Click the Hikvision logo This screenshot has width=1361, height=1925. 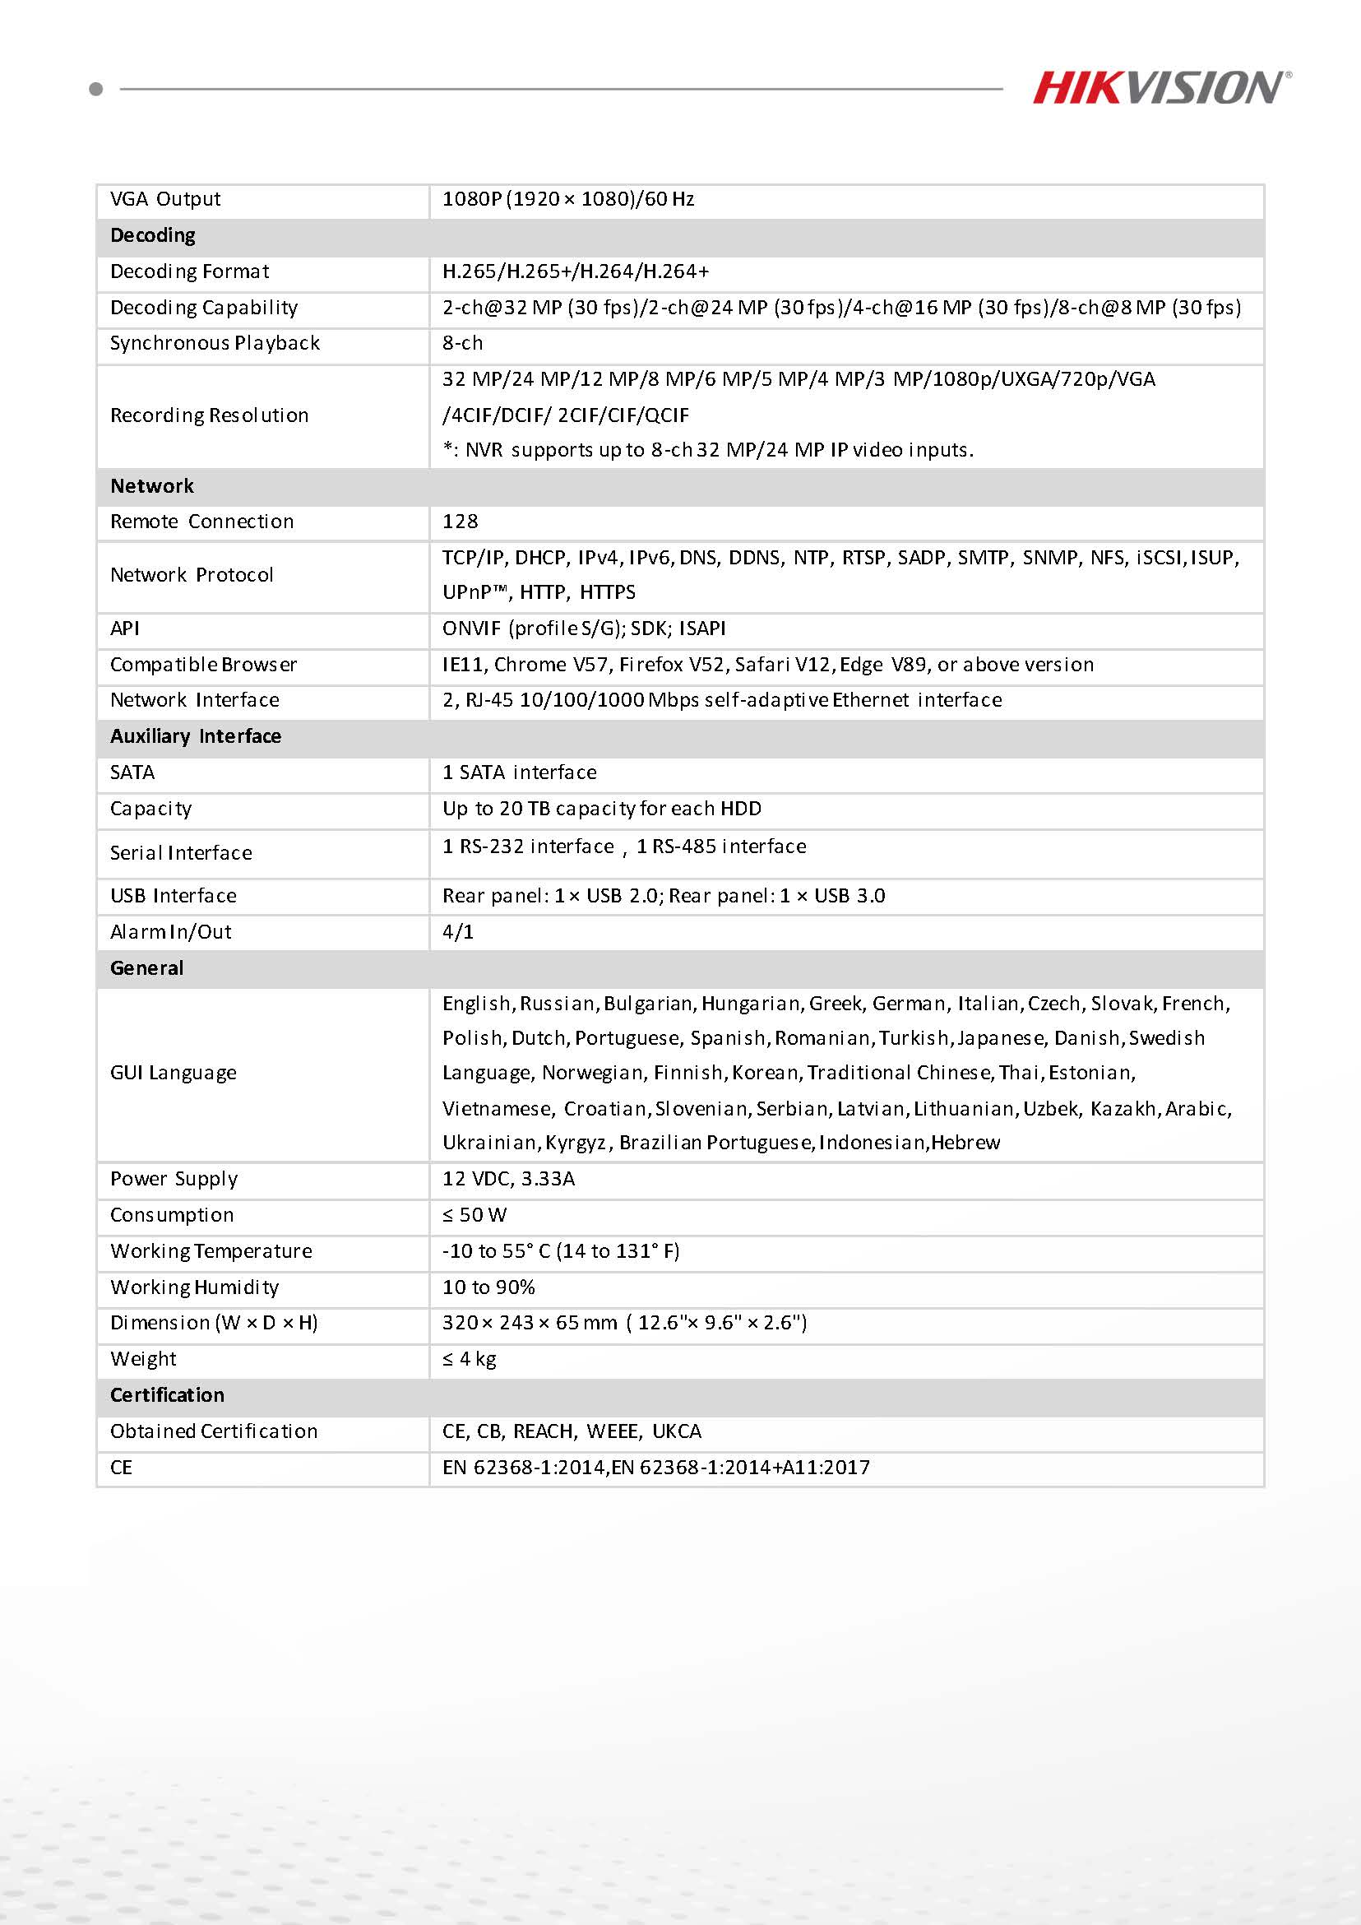click(x=1160, y=88)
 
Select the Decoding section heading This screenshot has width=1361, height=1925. click(x=152, y=235)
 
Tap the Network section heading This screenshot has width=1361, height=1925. click(x=151, y=486)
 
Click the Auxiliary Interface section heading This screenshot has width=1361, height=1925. click(x=195, y=736)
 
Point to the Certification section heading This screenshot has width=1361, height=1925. click(x=167, y=1394)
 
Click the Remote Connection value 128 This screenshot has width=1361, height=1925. click(x=460, y=522)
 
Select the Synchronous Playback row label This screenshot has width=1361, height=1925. click(x=215, y=343)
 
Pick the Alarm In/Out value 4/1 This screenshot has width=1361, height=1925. click(x=457, y=931)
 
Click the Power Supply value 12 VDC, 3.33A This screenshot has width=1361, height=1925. click(x=508, y=1178)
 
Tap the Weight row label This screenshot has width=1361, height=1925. click(x=143, y=1358)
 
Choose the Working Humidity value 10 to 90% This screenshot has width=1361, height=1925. click(x=488, y=1287)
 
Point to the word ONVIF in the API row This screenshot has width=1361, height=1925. click(x=472, y=628)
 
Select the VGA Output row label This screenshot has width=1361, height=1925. click(x=165, y=200)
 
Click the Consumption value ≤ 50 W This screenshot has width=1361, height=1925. click(x=474, y=1215)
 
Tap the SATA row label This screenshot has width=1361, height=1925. click(x=132, y=772)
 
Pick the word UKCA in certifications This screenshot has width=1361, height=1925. click(x=676, y=1431)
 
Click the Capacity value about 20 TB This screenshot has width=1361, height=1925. click(x=602, y=808)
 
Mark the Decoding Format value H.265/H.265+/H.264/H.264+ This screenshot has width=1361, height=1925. click(x=576, y=271)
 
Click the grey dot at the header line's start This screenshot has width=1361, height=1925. click(x=95, y=89)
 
